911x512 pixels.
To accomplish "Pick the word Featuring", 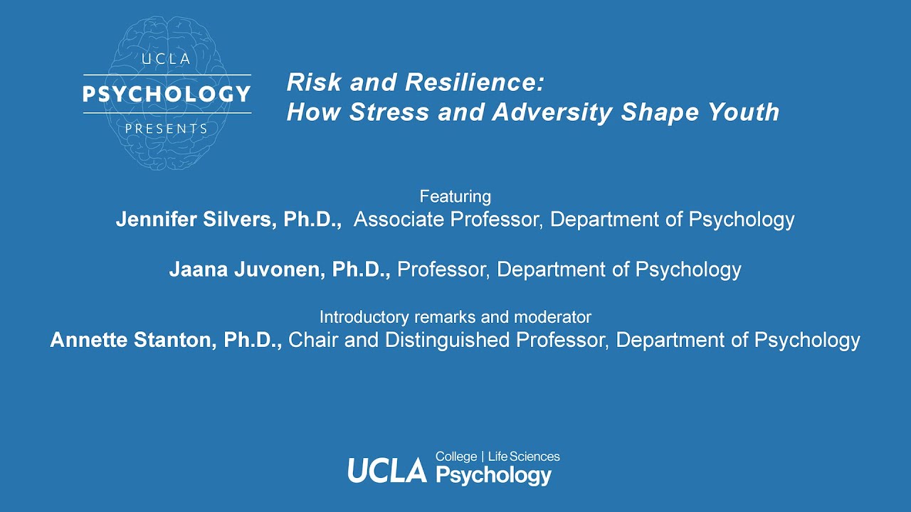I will point(455,196).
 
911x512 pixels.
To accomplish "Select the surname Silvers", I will point(240,219).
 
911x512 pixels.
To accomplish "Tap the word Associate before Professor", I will point(399,219).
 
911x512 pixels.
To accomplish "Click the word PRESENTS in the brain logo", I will point(167,129).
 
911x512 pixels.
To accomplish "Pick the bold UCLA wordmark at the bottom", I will point(386,470).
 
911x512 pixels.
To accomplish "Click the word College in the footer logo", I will point(456,457).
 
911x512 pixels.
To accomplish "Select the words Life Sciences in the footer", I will point(524,457).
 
